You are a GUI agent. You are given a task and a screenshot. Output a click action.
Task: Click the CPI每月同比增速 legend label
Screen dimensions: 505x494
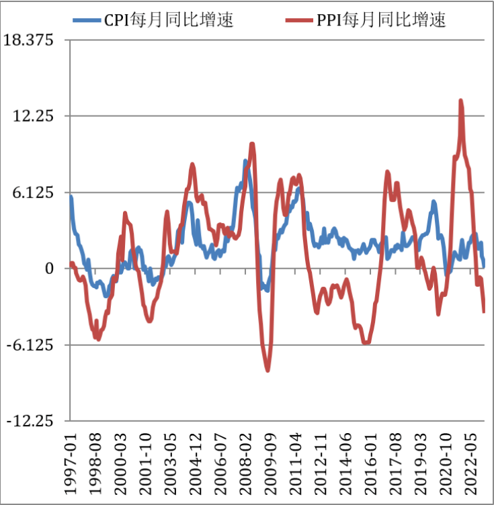click(169, 20)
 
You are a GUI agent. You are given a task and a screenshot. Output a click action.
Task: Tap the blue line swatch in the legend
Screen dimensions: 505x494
click(88, 20)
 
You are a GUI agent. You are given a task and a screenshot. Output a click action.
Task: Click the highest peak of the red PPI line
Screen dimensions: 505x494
click(461, 101)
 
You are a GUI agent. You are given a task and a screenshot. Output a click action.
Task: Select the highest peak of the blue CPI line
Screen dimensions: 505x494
click(246, 161)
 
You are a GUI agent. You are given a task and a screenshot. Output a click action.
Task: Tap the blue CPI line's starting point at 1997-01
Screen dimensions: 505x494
click(71, 197)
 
